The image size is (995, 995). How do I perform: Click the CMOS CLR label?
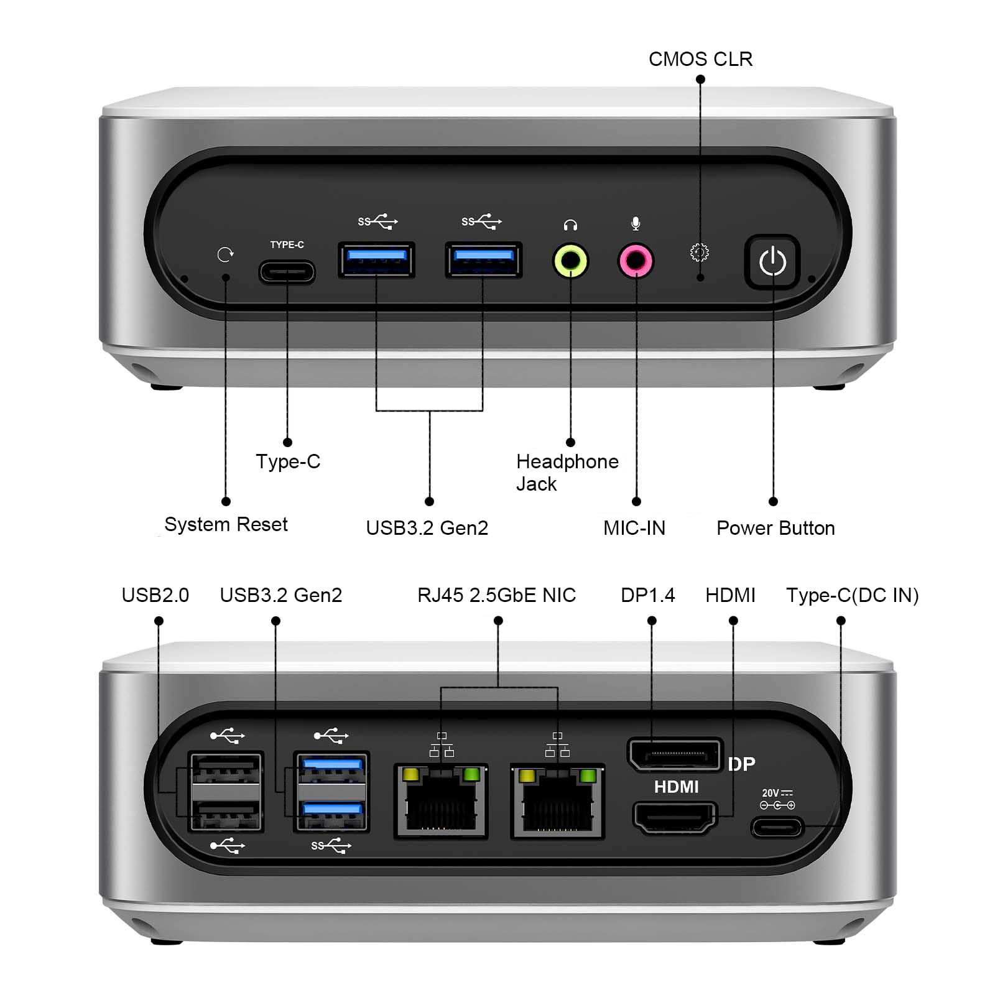pyautogui.click(x=700, y=59)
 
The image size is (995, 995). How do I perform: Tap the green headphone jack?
pyautogui.click(x=570, y=261)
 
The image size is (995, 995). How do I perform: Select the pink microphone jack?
pyautogui.click(x=636, y=261)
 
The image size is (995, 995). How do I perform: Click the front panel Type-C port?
pyautogui.click(x=287, y=272)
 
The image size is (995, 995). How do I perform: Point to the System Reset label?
pyautogui.click(x=226, y=524)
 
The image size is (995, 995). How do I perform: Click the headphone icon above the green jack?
pyautogui.click(x=570, y=224)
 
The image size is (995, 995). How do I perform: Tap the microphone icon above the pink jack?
pyautogui.click(x=636, y=223)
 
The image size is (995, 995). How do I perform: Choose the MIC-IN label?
pyautogui.click(x=634, y=528)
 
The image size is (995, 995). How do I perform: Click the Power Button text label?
pyautogui.click(x=775, y=528)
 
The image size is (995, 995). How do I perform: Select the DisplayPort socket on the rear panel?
pyautogui.click(x=675, y=754)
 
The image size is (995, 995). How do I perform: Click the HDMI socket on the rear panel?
pyautogui.click(x=675, y=817)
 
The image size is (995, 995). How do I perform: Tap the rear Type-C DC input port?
pyautogui.click(x=777, y=828)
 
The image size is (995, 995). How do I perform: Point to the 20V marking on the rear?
pyautogui.click(x=771, y=793)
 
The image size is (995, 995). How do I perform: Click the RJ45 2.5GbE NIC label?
pyautogui.click(x=496, y=595)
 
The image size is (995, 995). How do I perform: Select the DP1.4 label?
pyautogui.click(x=647, y=595)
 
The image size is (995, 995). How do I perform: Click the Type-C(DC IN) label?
pyautogui.click(x=852, y=595)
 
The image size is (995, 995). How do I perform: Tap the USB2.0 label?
pyautogui.click(x=155, y=595)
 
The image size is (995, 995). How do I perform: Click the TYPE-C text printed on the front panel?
pyautogui.click(x=287, y=244)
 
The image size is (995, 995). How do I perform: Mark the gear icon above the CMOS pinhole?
pyautogui.click(x=700, y=252)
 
